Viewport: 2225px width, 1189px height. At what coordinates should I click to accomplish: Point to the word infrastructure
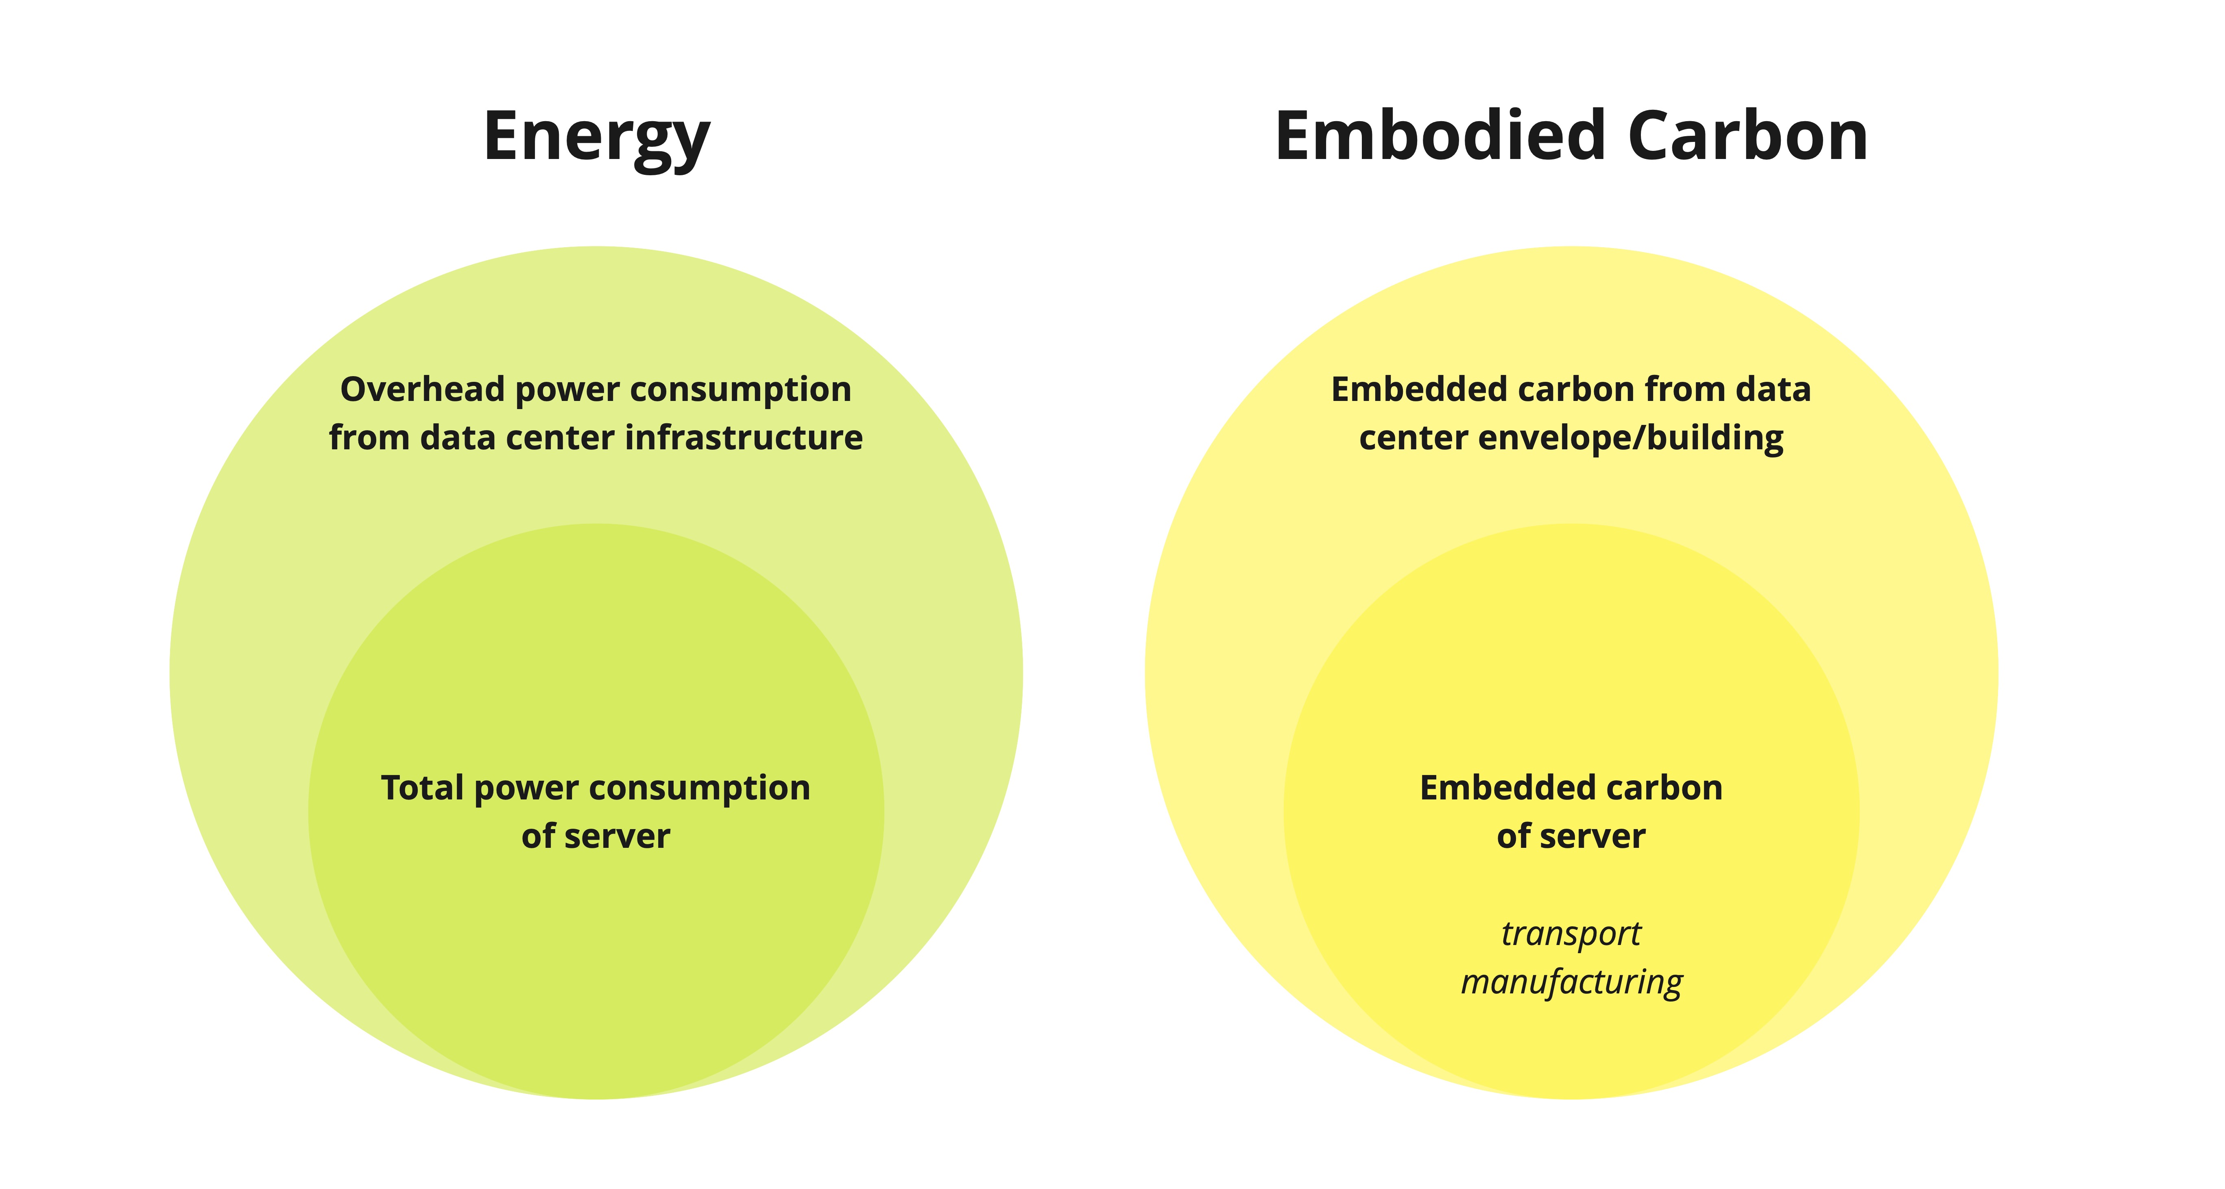coord(744,438)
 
